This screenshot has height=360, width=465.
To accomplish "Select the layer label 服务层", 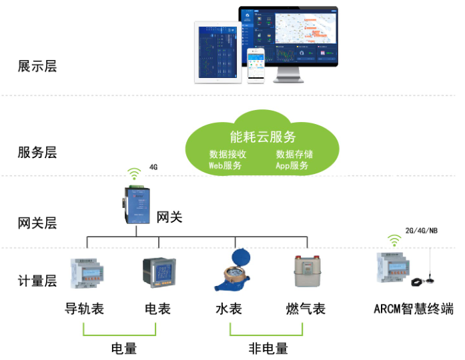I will click(x=37, y=153).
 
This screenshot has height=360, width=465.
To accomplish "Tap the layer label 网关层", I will click(x=37, y=223).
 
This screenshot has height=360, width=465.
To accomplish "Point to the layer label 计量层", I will click(x=37, y=281).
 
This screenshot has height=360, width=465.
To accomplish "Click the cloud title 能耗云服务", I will click(x=262, y=137).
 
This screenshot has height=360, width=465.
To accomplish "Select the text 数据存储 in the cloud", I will click(x=294, y=154).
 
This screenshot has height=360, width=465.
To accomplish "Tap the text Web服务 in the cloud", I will click(x=225, y=165).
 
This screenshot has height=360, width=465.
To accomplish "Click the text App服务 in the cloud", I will click(x=292, y=165).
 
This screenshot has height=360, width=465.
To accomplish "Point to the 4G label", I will click(x=153, y=167).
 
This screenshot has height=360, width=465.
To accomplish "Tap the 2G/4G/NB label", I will click(x=422, y=231).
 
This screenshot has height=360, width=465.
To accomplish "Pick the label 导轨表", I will click(x=84, y=309).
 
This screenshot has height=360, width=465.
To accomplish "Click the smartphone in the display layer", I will click(x=256, y=65).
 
